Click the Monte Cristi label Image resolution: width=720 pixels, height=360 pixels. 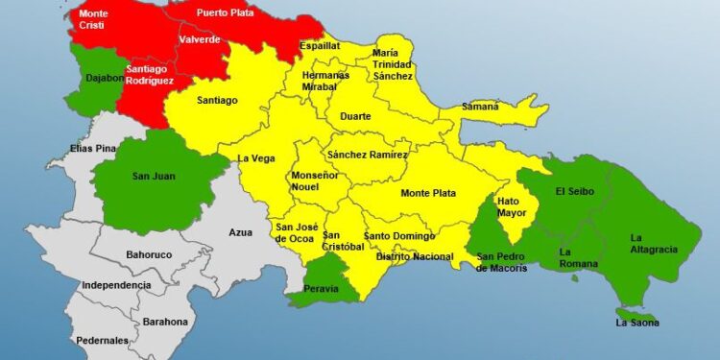[x=93, y=20]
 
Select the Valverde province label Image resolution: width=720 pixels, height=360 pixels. [x=199, y=39]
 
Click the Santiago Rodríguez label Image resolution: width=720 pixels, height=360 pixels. [x=149, y=75]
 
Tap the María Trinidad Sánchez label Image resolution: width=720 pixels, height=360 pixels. [x=393, y=63]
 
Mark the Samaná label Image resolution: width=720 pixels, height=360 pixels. [x=480, y=107]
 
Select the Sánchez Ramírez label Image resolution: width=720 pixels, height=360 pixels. [x=367, y=155]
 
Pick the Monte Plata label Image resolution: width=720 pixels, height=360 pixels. [x=428, y=193]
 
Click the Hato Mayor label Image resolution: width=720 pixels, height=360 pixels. [x=512, y=206]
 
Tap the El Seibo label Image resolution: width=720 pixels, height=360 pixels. [x=575, y=191]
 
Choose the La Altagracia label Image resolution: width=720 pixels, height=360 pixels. [x=653, y=243]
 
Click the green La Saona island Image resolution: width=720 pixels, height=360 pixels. [x=637, y=316]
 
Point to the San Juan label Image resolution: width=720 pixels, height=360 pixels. [x=154, y=176]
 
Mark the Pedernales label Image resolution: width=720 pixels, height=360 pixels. [x=103, y=341]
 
